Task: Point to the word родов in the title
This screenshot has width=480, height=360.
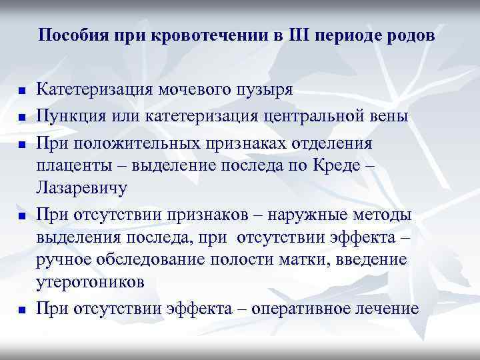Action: coord(412,35)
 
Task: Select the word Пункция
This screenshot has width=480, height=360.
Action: coord(71,117)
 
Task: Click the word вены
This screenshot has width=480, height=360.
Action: coord(401,117)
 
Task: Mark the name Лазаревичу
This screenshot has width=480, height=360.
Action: coord(81,189)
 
